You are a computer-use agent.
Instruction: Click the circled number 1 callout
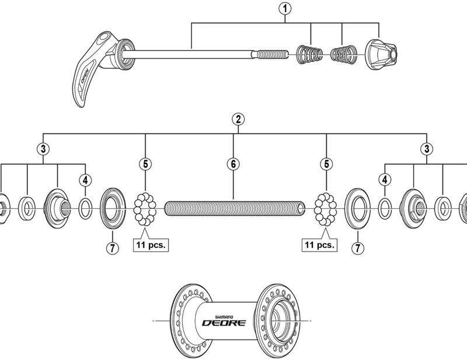[285, 9]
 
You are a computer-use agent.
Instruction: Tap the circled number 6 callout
[232, 164]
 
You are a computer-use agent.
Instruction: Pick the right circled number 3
[428, 149]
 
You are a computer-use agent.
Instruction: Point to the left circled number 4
[85, 179]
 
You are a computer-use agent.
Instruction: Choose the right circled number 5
[326, 164]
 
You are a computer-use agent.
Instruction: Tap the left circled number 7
[112, 247]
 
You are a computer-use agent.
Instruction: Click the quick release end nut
[381, 55]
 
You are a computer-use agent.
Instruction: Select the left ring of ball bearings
[145, 208]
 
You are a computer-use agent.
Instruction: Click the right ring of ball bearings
[326, 208]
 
